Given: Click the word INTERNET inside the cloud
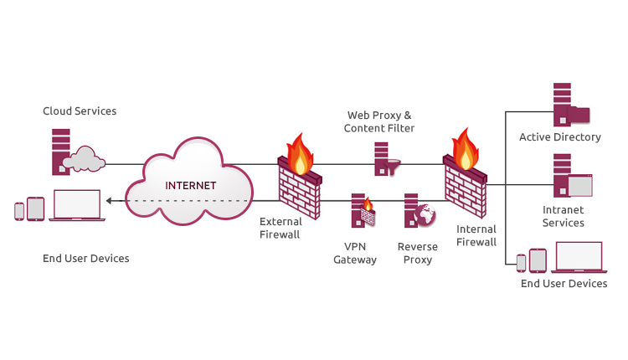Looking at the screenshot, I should tap(191, 185).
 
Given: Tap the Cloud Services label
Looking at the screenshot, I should tap(80, 111).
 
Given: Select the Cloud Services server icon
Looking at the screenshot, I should tap(62, 152).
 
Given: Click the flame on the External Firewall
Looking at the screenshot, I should tap(299, 151).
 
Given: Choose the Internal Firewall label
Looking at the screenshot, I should tap(476, 236).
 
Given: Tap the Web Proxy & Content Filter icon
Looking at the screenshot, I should tap(385, 160).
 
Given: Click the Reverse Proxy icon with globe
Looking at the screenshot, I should tap(419, 212).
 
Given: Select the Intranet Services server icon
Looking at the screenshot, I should tap(570, 177).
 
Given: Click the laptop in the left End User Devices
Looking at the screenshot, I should tap(75, 206).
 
